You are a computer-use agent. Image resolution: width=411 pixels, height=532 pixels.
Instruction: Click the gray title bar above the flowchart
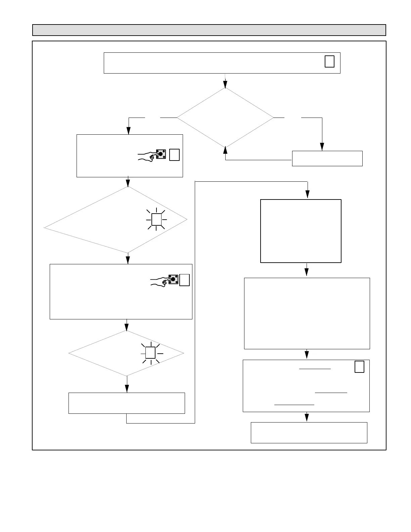[x=209, y=30]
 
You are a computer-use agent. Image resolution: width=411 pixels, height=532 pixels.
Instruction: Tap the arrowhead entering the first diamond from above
[x=225, y=85]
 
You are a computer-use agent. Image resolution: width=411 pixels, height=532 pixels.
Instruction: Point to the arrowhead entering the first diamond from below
[x=225, y=150]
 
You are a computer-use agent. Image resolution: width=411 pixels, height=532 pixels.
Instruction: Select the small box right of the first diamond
[x=327, y=159]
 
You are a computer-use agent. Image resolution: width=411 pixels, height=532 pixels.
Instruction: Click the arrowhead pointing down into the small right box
[x=322, y=147]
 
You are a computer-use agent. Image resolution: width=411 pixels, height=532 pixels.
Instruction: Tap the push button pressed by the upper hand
[x=161, y=154]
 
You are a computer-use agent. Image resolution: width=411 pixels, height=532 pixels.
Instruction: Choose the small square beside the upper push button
[x=174, y=155]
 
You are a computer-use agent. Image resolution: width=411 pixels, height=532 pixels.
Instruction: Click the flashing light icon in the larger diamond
[x=156, y=219]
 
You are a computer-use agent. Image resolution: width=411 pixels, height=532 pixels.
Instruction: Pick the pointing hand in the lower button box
[x=159, y=281]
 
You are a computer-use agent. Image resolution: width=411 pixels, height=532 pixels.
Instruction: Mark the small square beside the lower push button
[x=184, y=280]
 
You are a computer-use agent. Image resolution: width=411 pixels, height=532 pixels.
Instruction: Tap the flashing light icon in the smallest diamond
[x=150, y=353]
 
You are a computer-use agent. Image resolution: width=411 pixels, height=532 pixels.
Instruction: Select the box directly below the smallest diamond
[x=127, y=403]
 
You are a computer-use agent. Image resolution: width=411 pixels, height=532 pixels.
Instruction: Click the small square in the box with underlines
[x=359, y=366]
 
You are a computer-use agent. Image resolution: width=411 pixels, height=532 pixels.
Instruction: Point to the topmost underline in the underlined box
[x=315, y=369]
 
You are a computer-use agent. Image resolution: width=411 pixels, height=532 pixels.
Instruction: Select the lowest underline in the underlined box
[x=294, y=405]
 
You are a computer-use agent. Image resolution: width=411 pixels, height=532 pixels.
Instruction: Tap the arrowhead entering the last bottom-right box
[x=306, y=417]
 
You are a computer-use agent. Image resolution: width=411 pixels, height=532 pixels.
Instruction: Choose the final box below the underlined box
[x=309, y=433]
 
